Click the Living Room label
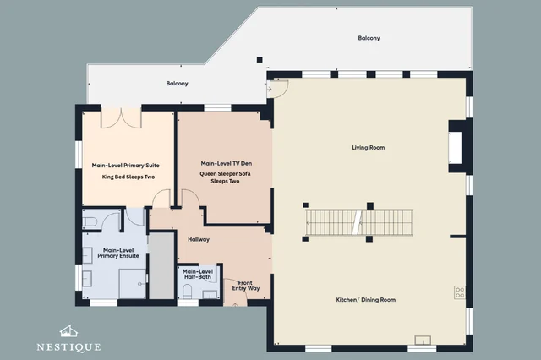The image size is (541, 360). pos(369,148)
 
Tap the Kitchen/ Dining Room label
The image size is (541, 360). pos(366,300)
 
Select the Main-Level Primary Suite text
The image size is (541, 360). pos(126,166)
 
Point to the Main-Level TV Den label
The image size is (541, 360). pos(227,163)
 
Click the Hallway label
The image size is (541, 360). pos(199,239)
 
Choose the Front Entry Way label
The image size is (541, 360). pos(246,286)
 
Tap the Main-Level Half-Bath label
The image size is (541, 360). pos(198,274)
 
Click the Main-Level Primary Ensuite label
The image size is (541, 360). pos(118,253)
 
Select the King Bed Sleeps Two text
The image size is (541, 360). pos(128,177)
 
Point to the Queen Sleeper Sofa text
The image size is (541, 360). pos(226,173)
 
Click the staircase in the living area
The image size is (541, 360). pos(359,222)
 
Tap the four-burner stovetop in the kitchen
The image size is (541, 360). pos(460,292)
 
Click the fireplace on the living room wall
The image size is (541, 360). pos(456,147)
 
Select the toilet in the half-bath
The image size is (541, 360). pos(187,291)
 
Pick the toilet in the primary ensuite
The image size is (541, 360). pos(89,221)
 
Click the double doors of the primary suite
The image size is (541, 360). pos(121,117)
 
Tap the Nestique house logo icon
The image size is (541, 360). pos(68,331)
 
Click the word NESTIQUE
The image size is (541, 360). pos(69,346)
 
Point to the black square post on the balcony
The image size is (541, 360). pos(260,60)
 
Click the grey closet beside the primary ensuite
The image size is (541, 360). pos(161,266)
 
